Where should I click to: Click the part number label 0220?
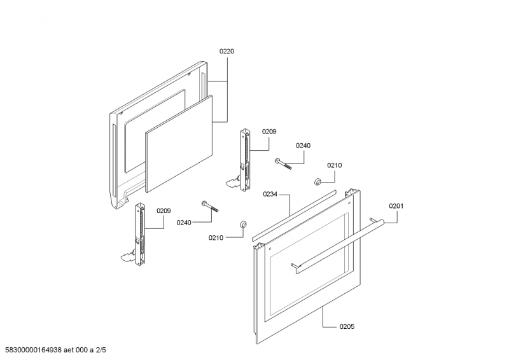click(227, 51)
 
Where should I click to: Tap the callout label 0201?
click(396, 206)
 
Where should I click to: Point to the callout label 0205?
click(347, 326)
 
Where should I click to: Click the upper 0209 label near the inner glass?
click(268, 132)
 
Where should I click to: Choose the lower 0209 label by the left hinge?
click(164, 211)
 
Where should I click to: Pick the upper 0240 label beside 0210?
click(303, 146)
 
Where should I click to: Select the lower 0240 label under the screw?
click(184, 223)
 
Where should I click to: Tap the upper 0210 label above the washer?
click(335, 165)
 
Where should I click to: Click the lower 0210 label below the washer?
click(216, 237)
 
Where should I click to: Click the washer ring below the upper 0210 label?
click(316, 183)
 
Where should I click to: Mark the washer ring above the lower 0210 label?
click(242, 224)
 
